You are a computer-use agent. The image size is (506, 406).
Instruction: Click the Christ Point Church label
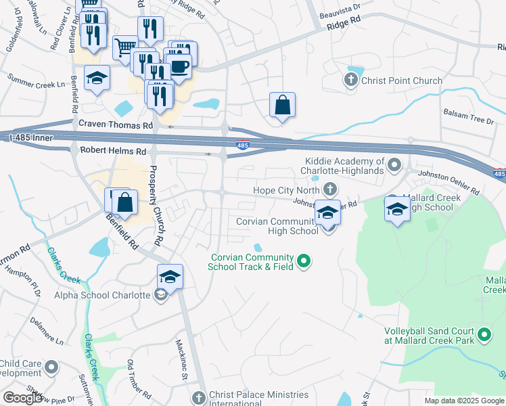[402, 81]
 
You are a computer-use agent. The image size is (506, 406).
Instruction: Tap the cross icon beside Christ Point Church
[350, 81]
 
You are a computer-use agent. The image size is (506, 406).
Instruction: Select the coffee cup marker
[179, 67]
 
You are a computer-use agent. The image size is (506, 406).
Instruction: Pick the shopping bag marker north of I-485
[282, 106]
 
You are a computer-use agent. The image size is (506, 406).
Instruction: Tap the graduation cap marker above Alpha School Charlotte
[170, 277]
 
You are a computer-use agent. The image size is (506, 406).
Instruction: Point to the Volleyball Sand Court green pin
[484, 334]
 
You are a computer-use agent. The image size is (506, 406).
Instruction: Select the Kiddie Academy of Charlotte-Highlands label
[344, 166]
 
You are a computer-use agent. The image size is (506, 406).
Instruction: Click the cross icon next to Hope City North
[330, 189]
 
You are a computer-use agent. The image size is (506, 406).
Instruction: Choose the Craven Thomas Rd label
[116, 125]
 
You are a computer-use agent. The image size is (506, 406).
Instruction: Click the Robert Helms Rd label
[113, 152]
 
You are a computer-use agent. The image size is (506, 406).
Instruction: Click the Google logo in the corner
[23, 398]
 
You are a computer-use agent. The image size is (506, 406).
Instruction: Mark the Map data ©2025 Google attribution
[464, 401]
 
